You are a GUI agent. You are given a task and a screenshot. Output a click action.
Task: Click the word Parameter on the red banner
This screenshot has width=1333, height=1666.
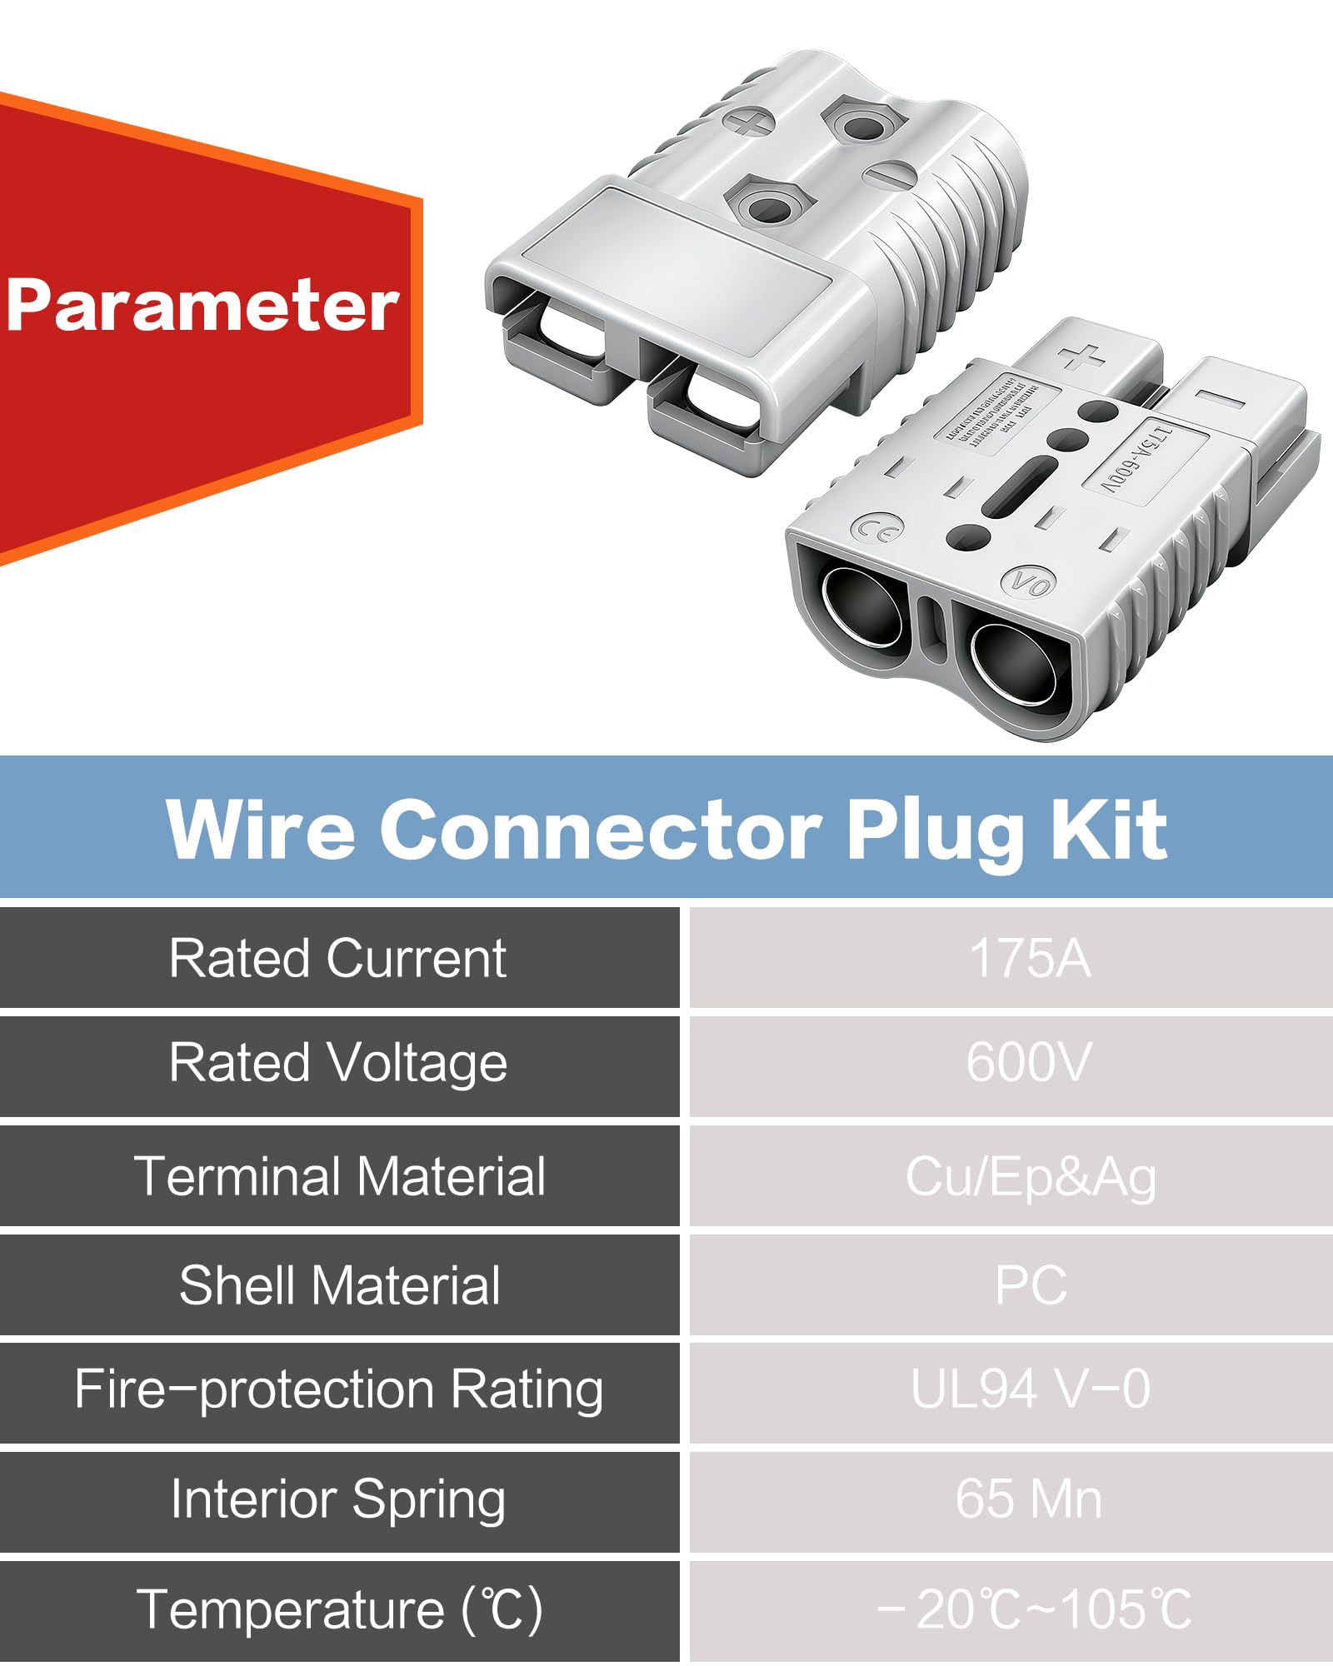(x=202, y=306)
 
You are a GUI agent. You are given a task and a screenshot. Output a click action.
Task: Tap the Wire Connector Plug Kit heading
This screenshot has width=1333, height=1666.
(x=666, y=829)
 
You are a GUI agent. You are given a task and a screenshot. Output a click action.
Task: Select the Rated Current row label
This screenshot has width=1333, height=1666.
(x=337, y=958)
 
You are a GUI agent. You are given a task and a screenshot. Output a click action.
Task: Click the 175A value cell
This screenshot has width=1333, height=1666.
(x=1030, y=958)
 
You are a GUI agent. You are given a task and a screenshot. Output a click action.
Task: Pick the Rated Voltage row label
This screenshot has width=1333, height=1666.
(x=337, y=1064)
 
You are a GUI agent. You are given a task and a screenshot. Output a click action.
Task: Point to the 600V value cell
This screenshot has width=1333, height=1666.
(x=1030, y=1064)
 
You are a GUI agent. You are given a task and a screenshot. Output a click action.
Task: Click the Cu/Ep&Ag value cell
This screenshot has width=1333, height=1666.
(x=1031, y=1177)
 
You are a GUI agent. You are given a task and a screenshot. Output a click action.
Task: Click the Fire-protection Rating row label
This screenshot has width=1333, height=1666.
(x=338, y=1389)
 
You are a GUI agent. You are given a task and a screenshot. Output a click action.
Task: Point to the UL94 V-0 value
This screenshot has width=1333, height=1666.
(x=1031, y=1389)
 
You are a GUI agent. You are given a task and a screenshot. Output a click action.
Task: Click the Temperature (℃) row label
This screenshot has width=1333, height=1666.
(x=339, y=1609)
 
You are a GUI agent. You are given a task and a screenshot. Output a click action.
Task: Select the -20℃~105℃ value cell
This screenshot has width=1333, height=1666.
(x=1033, y=1609)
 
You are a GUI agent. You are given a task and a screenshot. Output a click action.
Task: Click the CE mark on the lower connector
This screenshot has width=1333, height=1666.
(x=877, y=529)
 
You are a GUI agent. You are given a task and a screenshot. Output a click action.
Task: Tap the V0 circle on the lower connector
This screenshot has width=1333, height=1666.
(x=1028, y=583)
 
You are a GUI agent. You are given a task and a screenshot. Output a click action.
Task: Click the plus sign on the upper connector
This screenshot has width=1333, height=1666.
(x=748, y=123)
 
